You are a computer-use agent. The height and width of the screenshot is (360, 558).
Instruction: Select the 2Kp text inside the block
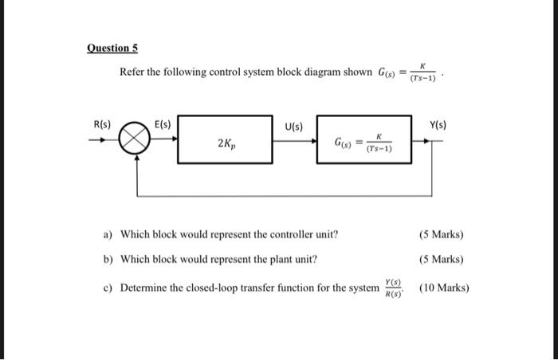pos(226,145)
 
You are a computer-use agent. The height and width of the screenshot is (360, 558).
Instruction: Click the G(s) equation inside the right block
pos(362,145)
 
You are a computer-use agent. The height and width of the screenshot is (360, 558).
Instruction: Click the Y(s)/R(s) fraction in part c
pos(393,288)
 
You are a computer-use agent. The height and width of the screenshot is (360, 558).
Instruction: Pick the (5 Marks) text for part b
pos(441,260)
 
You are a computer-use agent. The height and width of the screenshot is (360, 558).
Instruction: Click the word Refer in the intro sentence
pos(132,72)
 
